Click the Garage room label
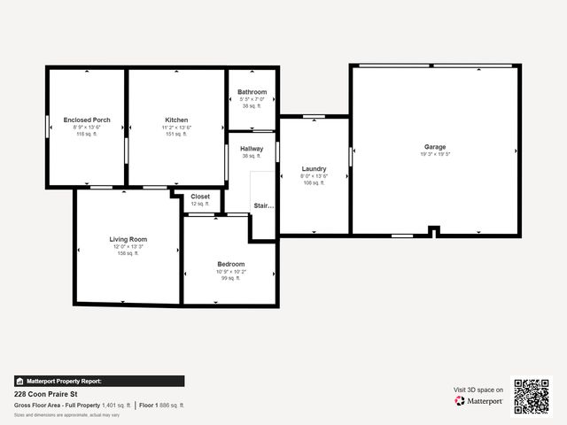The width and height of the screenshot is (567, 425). [434, 147]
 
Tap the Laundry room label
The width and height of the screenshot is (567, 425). [314, 168]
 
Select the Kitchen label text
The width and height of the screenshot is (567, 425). [176, 120]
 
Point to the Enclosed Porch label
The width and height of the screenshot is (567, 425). [87, 120]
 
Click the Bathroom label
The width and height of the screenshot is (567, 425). [252, 92]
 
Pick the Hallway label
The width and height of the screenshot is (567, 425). [252, 149]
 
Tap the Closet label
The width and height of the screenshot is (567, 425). [200, 197]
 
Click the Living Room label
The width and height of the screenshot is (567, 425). [128, 239]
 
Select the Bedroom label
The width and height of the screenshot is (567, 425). [231, 264]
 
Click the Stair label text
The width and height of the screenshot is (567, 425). [264, 206]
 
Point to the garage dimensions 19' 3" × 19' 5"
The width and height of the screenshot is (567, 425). [435, 154]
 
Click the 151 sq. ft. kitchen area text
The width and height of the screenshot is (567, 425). [176, 135]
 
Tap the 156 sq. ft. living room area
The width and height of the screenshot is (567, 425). [128, 253]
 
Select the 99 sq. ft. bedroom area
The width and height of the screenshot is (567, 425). [231, 278]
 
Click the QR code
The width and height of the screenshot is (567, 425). [532, 396]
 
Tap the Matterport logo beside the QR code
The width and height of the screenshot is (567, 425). [479, 401]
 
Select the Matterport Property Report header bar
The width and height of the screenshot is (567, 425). [99, 381]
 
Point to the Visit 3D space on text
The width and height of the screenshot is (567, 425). [478, 390]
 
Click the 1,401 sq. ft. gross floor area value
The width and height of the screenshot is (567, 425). [109, 405]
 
